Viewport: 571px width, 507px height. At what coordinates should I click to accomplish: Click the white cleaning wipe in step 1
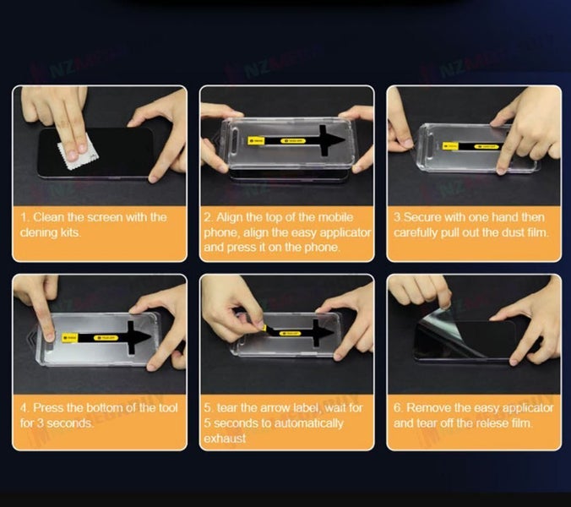(x=70, y=154)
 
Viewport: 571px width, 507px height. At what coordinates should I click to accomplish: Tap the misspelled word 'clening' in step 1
(x=40, y=232)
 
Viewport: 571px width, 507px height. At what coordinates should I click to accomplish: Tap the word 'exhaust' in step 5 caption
(x=225, y=438)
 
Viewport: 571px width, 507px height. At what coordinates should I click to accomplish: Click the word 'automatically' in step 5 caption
(x=308, y=422)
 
